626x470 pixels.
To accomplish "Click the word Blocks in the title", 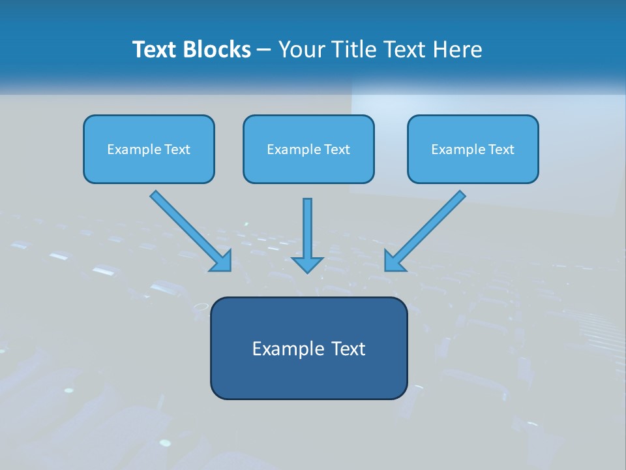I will point(218,50).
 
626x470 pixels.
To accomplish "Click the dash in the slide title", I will point(264,50).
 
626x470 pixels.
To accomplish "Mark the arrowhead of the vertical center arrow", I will point(307,264).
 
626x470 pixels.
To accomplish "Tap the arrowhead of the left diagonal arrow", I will point(222,262).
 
